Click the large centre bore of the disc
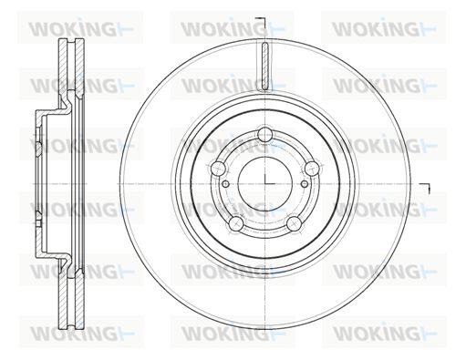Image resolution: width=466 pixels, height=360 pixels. (265, 184)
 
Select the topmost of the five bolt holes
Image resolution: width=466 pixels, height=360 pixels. (264, 134)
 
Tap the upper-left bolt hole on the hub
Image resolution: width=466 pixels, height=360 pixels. (218, 168)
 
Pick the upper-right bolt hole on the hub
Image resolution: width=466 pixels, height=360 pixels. (312, 168)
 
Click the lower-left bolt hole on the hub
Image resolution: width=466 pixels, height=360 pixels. (236, 224)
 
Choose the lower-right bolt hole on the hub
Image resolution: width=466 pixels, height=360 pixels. (295, 223)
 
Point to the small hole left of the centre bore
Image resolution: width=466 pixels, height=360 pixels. (226, 184)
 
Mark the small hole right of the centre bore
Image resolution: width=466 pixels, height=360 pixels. (305, 184)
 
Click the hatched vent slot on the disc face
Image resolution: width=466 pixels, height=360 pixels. (265, 67)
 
